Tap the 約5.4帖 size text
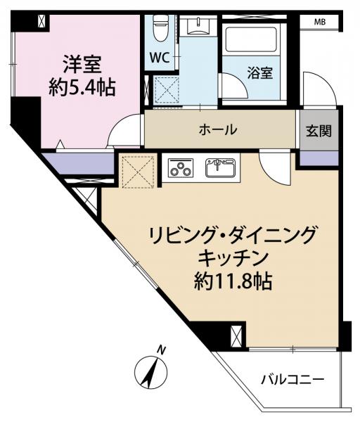click(83, 88)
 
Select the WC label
click(157, 59)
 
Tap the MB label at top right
click(320, 23)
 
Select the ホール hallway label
click(217, 129)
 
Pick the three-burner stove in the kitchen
click(181, 168)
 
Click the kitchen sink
click(221, 168)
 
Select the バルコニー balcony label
click(293, 380)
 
